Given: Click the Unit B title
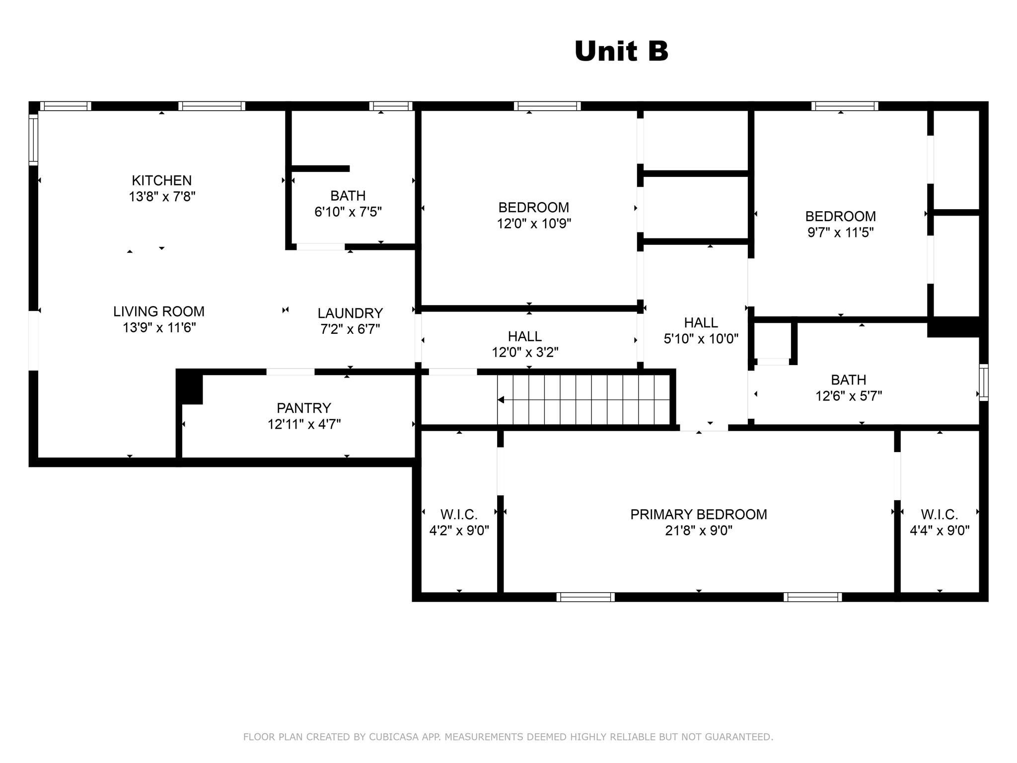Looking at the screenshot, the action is coord(621,51).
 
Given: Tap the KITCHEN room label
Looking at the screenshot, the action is coord(162,180).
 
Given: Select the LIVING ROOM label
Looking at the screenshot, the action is coord(159,311).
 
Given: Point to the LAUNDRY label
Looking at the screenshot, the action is coord(350,313).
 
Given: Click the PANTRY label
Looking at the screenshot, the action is coord(304,408).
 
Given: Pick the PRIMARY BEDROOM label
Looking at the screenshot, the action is coord(699,514).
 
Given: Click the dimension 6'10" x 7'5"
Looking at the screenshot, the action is coord(348,212).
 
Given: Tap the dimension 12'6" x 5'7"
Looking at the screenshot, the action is coord(849,396).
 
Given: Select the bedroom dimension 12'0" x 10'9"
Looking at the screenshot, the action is coord(534,224).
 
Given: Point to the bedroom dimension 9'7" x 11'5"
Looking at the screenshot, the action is coord(840,232).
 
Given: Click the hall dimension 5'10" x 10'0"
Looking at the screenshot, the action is coord(701,339).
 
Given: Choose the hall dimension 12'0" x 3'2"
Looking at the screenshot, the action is coord(525,352).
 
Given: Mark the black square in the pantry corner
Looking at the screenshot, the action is coord(190,387).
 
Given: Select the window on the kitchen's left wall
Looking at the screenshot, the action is coord(33,140).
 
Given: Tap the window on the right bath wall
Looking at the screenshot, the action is coord(984,382).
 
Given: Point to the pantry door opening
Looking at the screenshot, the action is coord(291,372).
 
